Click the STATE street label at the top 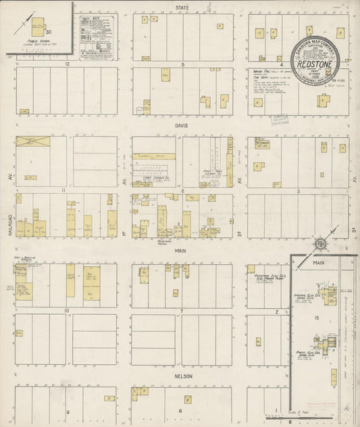182,7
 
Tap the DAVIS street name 182,126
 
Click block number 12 67,64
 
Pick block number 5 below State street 182,64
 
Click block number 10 67,311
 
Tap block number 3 298,191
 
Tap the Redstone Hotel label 165,241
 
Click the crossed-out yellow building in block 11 29,142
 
